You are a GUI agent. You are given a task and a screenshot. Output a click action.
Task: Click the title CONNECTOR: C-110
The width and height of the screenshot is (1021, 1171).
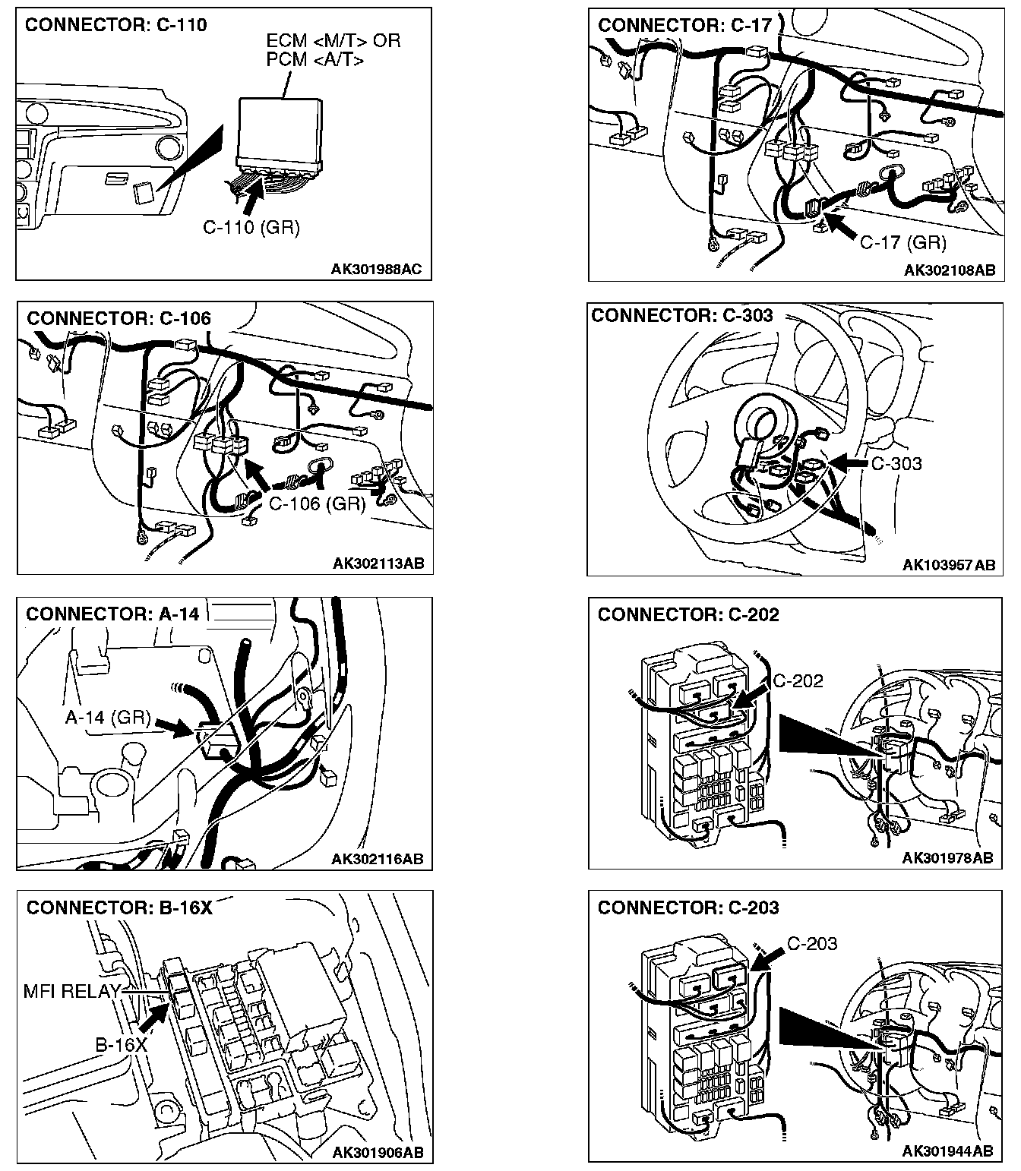115,25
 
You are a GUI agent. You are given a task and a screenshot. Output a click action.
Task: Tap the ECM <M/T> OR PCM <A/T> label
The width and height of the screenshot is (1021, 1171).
333,49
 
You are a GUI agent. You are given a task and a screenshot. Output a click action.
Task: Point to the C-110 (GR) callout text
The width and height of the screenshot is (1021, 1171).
251,227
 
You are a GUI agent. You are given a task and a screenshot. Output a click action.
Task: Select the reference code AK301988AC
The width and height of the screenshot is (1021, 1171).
376,269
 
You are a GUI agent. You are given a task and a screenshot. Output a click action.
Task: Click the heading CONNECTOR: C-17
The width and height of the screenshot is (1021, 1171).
684,25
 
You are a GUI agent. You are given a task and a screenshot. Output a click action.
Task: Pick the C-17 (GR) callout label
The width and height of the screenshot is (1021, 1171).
902,242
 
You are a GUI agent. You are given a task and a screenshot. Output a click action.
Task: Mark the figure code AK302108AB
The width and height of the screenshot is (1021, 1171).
949,270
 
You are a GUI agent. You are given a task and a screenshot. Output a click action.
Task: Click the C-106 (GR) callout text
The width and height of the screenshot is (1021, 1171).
318,503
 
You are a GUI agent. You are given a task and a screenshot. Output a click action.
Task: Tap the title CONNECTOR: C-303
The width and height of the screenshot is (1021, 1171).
681,315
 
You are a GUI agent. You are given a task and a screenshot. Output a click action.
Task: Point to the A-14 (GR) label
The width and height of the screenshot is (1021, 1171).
107,718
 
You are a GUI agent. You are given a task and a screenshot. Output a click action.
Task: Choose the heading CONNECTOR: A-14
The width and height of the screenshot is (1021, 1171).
112,614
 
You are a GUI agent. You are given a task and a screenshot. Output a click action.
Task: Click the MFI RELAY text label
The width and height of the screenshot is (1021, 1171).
71,990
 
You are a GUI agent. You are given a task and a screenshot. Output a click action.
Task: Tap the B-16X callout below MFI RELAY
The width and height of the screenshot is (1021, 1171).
121,1044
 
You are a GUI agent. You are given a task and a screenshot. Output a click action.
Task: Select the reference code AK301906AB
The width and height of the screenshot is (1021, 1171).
378,1153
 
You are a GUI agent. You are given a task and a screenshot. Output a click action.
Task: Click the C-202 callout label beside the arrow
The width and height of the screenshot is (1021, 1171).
798,680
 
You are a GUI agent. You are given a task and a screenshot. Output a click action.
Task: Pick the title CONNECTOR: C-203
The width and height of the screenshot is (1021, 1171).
688,907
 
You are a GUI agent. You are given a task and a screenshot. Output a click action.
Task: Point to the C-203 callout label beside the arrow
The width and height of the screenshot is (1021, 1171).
811,943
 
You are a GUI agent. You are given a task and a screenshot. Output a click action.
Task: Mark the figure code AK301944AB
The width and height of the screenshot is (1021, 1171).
947,1152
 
